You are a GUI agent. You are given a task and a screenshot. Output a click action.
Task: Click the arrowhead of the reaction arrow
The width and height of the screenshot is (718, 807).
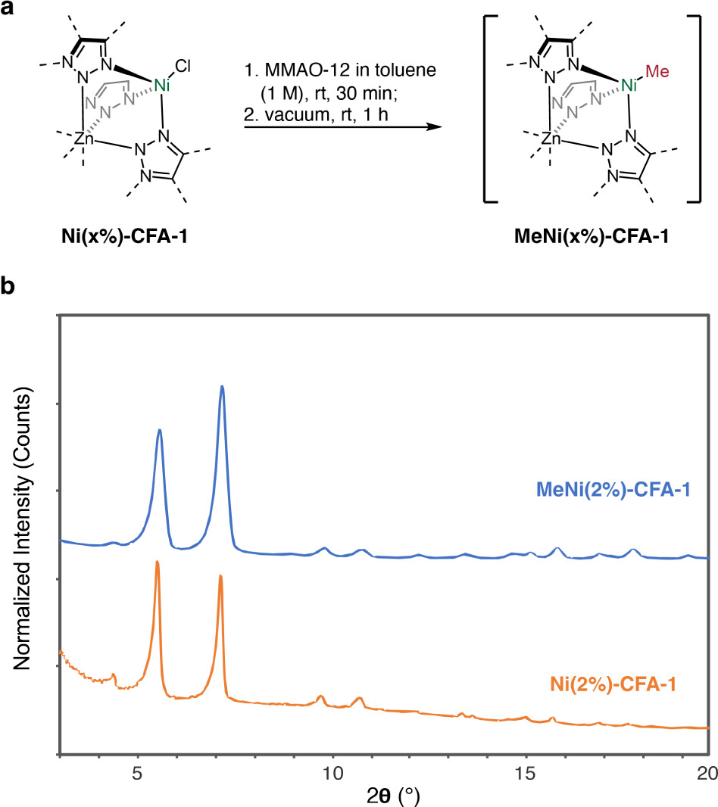coord(435,126)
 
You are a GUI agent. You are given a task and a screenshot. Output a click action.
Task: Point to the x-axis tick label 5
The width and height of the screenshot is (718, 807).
coord(138,774)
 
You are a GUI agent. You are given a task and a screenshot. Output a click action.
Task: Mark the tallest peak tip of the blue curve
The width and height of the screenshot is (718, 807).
coord(222,386)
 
